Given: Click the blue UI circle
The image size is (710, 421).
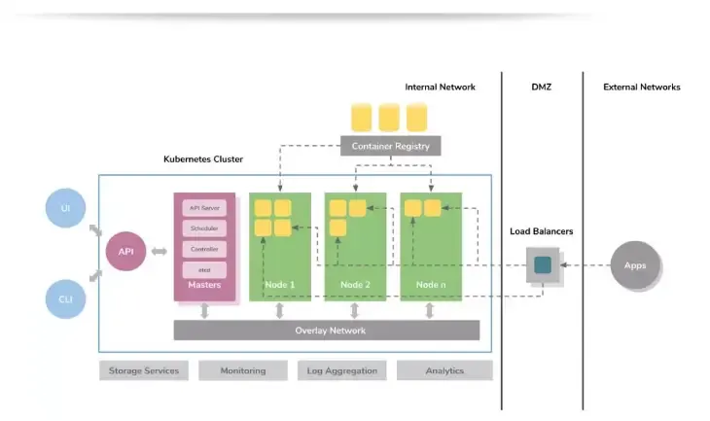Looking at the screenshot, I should click(66, 208).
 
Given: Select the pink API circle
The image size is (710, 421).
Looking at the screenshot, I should click(125, 252).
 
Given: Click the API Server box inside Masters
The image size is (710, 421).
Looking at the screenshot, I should click(204, 207).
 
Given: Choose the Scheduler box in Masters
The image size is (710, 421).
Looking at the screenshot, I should click(204, 228).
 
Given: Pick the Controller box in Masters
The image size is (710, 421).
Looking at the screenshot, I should click(204, 249).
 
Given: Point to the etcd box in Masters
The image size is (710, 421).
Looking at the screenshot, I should click(204, 269).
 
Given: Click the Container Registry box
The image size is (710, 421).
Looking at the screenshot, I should click(390, 147).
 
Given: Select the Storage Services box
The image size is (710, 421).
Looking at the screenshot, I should click(144, 370).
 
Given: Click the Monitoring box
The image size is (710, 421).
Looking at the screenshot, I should click(243, 370).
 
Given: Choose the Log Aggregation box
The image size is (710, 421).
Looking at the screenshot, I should click(341, 370).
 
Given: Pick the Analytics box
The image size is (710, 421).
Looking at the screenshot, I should click(444, 370).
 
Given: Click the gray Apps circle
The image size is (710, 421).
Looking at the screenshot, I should click(634, 264).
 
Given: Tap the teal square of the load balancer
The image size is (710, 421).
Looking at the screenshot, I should click(543, 263).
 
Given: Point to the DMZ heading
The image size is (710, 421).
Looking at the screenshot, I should click(542, 88).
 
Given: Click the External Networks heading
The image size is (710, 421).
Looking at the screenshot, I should click(642, 88).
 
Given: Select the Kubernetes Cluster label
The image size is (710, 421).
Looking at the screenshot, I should click(203, 158).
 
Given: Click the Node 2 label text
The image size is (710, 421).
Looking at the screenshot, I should click(355, 285).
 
